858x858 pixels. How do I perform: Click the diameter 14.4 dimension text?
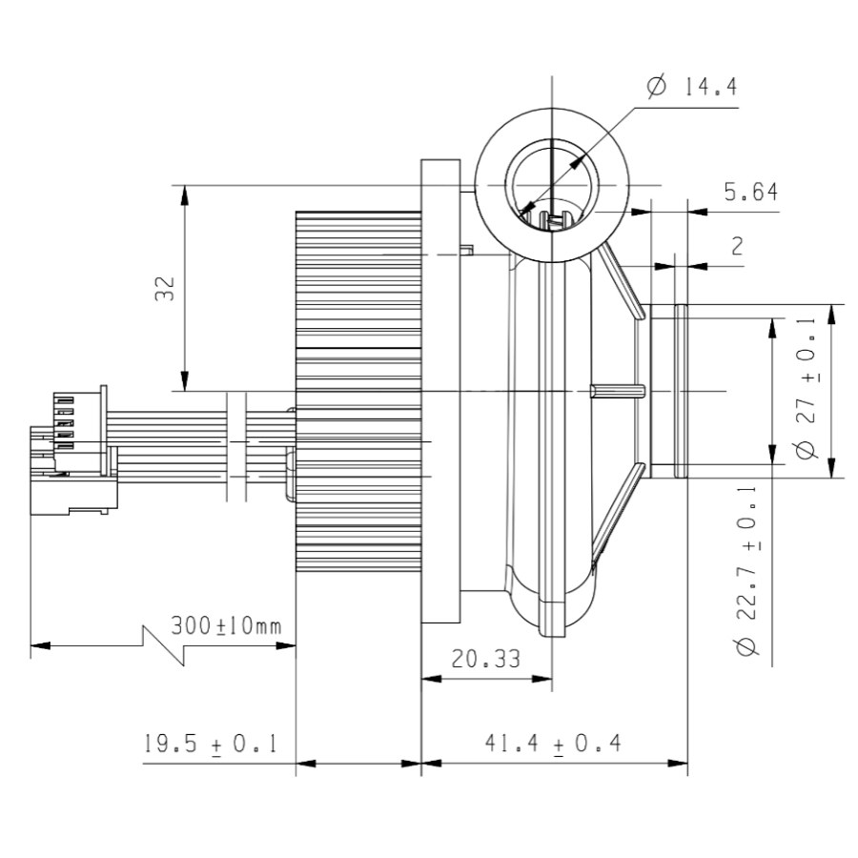click(692, 88)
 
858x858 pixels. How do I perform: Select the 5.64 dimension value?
click(749, 193)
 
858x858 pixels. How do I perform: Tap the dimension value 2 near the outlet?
click(737, 246)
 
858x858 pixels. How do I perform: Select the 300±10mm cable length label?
click(226, 626)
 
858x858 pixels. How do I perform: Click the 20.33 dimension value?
click(486, 660)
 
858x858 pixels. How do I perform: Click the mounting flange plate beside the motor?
click(440, 391)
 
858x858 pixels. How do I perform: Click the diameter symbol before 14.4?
click(657, 88)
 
